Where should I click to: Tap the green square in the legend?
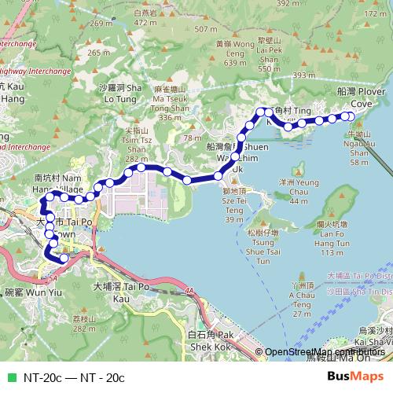pyautogui.click(x=10, y=377)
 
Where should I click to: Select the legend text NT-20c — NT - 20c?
pyautogui.click(x=74, y=377)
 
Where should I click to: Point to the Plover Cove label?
pyautogui.click(x=361, y=97)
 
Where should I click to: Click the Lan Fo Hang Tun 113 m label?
pyautogui.click(x=333, y=238)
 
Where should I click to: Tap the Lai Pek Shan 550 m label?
pyautogui.click(x=269, y=53)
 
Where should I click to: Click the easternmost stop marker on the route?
pyautogui.click(x=350, y=116)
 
